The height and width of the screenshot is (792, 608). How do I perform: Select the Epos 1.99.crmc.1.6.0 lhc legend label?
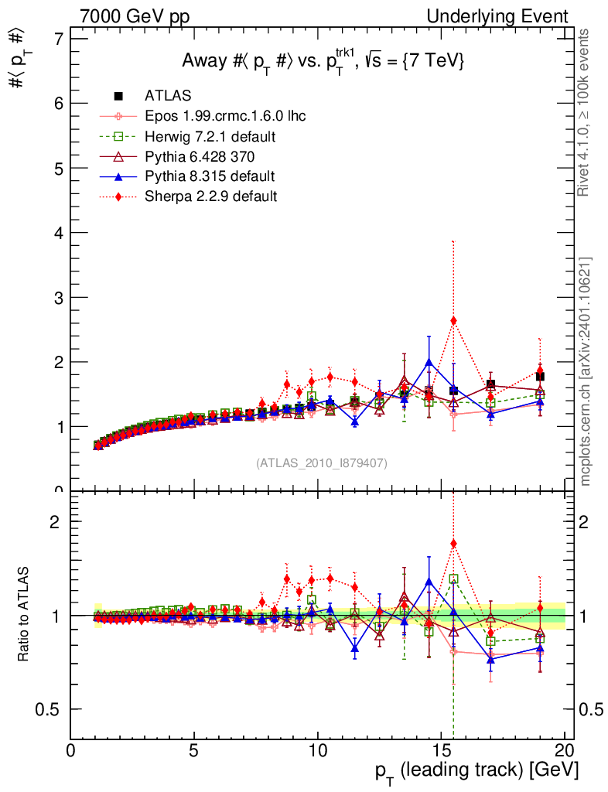point(225,116)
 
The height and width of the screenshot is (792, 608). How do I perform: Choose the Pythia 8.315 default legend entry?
point(209,176)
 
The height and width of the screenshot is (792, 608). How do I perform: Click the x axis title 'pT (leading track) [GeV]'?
point(476,770)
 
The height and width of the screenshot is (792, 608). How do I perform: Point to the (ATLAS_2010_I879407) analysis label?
point(322,463)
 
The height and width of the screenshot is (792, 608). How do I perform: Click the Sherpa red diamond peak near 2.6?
point(453,321)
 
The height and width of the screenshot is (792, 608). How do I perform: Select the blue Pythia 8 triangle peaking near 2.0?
point(429,362)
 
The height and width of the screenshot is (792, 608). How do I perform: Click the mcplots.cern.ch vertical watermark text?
point(586,371)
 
